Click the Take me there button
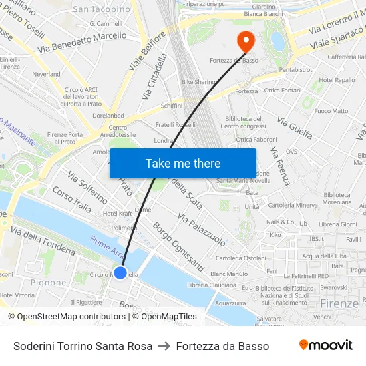coord(182,163)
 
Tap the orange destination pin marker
coord(246,41)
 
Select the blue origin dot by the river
coord(120,272)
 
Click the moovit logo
coord(325,345)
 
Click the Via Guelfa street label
coord(295,128)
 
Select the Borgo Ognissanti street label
coord(178,247)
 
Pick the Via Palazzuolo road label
coord(201,230)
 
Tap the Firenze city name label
coord(339,303)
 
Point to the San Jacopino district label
coord(101,9)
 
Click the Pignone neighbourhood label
coord(48,283)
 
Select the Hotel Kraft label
coord(118,214)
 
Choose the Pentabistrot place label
coord(296,69)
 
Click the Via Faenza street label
coord(280,166)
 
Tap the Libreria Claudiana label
coord(212,285)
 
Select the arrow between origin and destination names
coord(164,346)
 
